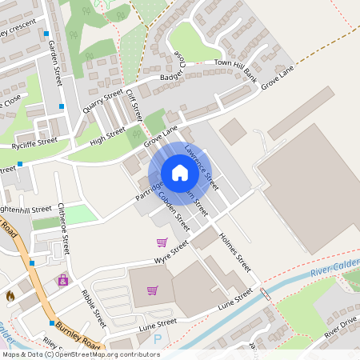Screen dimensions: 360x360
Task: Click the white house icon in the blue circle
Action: pyautogui.click(x=179, y=173)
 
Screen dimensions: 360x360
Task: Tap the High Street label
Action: pyautogui.click(x=108, y=138)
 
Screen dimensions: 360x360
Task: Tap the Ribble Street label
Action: pyautogui.click(x=94, y=307)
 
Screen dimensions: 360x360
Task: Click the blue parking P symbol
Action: pyautogui.click(x=157, y=339)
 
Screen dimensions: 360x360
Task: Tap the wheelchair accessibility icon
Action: pyautogui.click(x=62, y=281)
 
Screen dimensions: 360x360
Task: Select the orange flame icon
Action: pyautogui.click(x=10, y=296)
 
